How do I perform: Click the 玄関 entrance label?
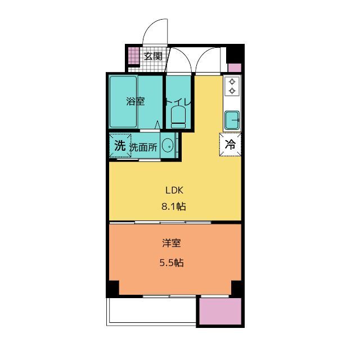click(x=153, y=56)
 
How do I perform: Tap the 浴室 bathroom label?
click(x=136, y=101)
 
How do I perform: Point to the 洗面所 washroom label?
click(x=143, y=147)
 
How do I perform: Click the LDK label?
click(x=174, y=190)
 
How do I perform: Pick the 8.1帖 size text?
click(x=174, y=206)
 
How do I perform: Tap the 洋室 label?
click(x=172, y=243)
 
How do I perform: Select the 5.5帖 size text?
click(x=172, y=263)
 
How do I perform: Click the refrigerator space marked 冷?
click(x=230, y=145)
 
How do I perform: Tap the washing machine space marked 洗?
click(x=120, y=146)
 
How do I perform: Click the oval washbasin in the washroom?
click(x=168, y=146)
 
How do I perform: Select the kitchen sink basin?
click(x=232, y=120)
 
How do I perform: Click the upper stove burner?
click(x=232, y=82)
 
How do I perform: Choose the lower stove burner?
click(x=232, y=91)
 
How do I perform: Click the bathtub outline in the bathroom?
click(x=123, y=102)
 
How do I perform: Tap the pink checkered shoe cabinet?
click(x=134, y=55)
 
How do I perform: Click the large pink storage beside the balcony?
click(x=220, y=311)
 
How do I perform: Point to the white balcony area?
click(x=152, y=310)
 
